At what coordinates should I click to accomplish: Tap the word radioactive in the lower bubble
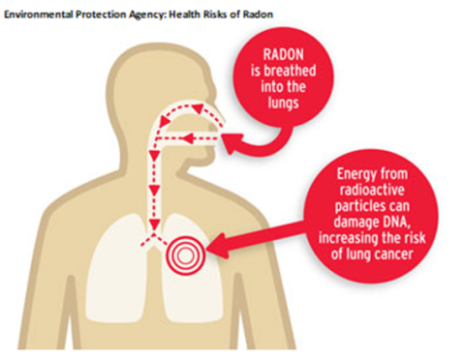coord(378,192)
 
